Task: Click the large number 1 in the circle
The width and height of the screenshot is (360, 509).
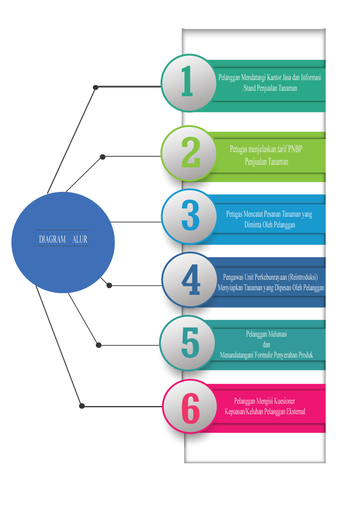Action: coord(187,82)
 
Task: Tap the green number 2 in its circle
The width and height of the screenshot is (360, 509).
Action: coord(191,153)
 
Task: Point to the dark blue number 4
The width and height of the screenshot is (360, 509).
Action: coord(191,280)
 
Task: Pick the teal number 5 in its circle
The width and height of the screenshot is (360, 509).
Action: coord(190,343)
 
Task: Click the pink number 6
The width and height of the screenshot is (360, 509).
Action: coord(190,408)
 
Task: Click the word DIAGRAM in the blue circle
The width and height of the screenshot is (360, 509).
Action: coord(52,240)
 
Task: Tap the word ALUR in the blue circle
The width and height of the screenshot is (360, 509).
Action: coord(80,240)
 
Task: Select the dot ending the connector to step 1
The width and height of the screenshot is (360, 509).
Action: coord(96,88)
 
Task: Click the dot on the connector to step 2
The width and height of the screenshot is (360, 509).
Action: coord(103,157)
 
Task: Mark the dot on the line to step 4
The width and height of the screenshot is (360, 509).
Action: coord(109,285)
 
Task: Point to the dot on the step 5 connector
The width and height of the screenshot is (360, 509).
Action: coord(99,345)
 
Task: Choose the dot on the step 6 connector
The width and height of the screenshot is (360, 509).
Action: coord(82,406)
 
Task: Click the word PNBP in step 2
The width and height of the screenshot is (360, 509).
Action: coord(298,149)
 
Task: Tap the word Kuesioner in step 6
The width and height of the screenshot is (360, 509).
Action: coord(282,401)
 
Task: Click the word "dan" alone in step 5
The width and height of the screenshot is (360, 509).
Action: coord(266,344)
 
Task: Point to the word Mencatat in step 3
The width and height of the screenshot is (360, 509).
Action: coord(258,214)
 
